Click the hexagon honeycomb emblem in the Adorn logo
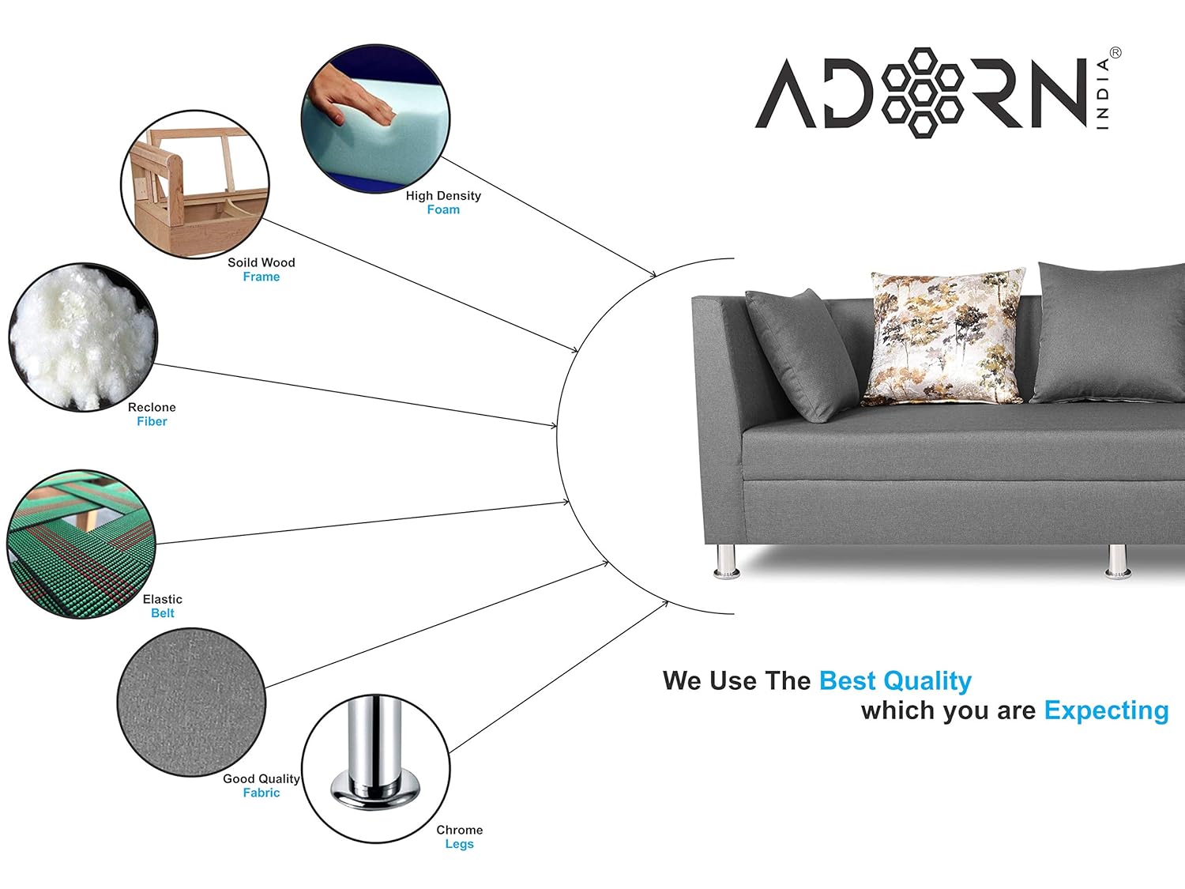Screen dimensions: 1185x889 [x=922, y=92]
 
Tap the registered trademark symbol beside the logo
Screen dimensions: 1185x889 [x=1115, y=53]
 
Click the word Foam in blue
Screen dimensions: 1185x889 [x=443, y=209]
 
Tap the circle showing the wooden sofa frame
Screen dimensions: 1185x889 [x=195, y=184]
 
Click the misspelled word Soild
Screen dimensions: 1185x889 [x=241, y=262]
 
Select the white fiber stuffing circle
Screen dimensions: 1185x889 [x=83, y=337]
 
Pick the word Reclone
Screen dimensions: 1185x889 [x=152, y=407]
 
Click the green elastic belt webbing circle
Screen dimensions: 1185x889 [x=81, y=544]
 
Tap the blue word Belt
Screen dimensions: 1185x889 [x=163, y=613]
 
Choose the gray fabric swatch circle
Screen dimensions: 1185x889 [x=192, y=703]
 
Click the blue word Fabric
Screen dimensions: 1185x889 [x=261, y=793]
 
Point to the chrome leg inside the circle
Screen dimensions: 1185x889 [x=376, y=755]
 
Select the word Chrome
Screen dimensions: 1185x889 [x=460, y=830]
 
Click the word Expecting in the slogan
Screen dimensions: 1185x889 [x=1107, y=711]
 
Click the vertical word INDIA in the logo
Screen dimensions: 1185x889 [x=1103, y=93]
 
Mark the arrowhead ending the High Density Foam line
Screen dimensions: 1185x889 [x=653, y=274]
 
